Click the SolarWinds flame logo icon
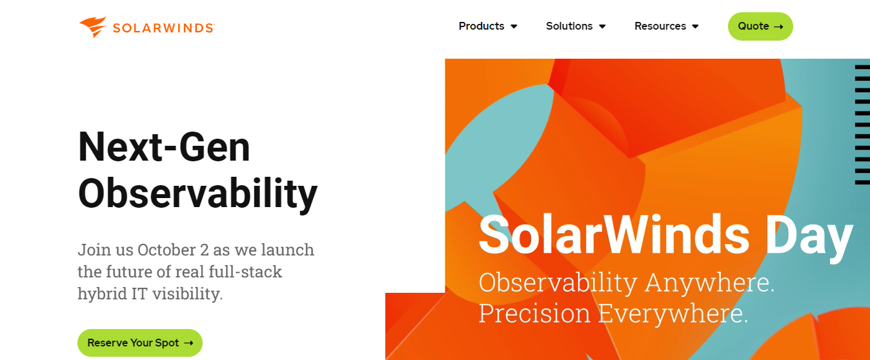pos(93,27)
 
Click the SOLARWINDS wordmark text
pos(163,28)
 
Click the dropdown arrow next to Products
pos(514,26)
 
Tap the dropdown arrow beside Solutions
pos(602,26)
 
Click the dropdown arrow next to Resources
pos(696,26)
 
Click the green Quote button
pos(760,26)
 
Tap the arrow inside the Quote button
pos(778,27)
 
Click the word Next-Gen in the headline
pos(164,148)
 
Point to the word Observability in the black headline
pos(197,194)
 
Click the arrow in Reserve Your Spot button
pos(188,343)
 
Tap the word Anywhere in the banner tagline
pos(709,283)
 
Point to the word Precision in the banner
pos(534,313)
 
